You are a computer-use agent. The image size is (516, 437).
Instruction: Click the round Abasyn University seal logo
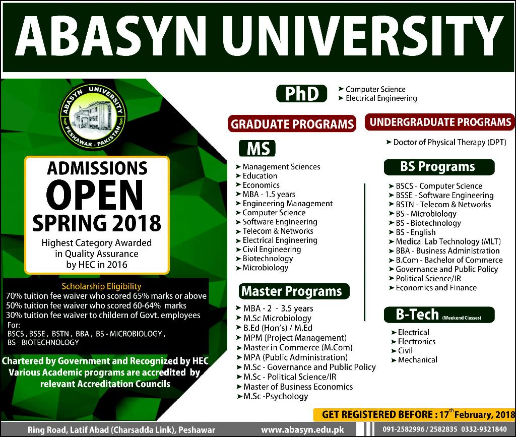(x=93, y=117)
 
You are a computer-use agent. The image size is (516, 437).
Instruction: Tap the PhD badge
(x=301, y=94)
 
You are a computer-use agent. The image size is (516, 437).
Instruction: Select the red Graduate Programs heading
(x=292, y=123)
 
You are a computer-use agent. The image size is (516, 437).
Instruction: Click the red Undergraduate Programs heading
(x=440, y=122)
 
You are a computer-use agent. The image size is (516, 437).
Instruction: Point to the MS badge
(x=257, y=148)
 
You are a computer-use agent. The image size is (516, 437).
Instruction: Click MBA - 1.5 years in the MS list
(x=269, y=194)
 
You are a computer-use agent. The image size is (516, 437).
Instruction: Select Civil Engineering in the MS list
(x=272, y=249)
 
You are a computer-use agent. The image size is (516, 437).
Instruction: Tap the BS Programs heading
(x=439, y=167)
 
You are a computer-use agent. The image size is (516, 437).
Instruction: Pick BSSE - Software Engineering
(x=444, y=196)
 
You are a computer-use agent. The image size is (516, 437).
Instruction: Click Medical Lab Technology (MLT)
(x=448, y=241)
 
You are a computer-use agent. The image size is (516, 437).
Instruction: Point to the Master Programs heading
(x=294, y=291)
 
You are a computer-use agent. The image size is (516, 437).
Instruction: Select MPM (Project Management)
(x=295, y=338)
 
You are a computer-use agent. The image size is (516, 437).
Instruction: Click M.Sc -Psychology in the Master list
(x=276, y=397)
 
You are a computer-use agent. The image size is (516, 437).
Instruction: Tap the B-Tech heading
(x=439, y=315)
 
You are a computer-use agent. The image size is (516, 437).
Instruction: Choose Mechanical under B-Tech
(x=417, y=360)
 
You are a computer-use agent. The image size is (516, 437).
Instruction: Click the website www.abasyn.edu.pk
(x=302, y=430)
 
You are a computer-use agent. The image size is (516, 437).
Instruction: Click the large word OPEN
(x=95, y=196)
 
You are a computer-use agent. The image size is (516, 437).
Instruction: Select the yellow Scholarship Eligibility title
(x=101, y=286)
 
